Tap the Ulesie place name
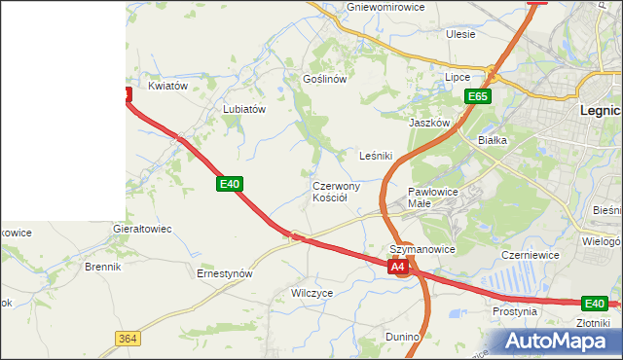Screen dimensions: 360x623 (460, 34)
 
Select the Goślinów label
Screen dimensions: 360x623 (325, 79)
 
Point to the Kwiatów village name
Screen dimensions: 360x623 (167, 86)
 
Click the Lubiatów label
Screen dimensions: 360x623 (244, 110)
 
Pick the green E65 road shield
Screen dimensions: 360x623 (477, 96)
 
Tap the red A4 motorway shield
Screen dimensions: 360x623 (397, 266)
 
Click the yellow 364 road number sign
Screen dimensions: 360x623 (126, 338)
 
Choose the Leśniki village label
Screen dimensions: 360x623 (376, 156)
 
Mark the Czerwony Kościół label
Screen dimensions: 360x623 (337, 192)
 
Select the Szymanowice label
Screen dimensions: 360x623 (422, 249)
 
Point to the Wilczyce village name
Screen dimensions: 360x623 (312, 292)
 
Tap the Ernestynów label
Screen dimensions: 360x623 (225, 274)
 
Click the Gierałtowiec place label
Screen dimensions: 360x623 (142, 230)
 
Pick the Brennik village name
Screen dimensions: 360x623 (102, 266)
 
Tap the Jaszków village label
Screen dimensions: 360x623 (429, 124)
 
